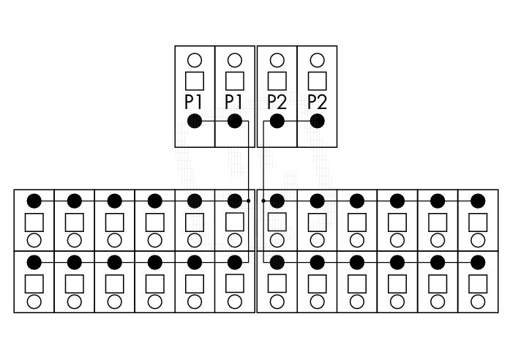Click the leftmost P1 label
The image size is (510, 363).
click(x=193, y=102)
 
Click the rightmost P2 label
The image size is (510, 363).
click(x=317, y=102)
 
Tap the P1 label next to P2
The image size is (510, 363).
click(x=233, y=102)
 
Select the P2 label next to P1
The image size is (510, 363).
click(x=277, y=102)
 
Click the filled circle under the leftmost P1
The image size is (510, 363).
click(x=195, y=121)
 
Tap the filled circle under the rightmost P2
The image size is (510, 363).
click(x=317, y=121)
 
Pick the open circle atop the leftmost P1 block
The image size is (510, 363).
click(x=195, y=60)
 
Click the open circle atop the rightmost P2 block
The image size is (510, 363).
click(x=317, y=60)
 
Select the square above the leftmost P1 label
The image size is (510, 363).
click(x=195, y=81)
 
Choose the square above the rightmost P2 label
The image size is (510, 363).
click(x=317, y=81)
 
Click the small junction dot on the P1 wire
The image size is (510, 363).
click(x=249, y=201)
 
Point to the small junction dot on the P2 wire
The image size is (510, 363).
click(x=263, y=201)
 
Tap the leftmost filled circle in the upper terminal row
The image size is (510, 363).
click(x=34, y=201)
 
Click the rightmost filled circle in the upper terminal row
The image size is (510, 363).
click(x=478, y=201)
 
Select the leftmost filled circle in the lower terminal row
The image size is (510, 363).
click(x=34, y=262)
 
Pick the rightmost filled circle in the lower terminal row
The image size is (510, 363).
click(x=478, y=262)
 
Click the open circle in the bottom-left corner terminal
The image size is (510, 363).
click(x=34, y=302)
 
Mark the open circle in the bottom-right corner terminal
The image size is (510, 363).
click(x=478, y=302)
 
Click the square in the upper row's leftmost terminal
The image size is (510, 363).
click(x=34, y=222)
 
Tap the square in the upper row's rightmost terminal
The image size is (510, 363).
click(x=478, y=222)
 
